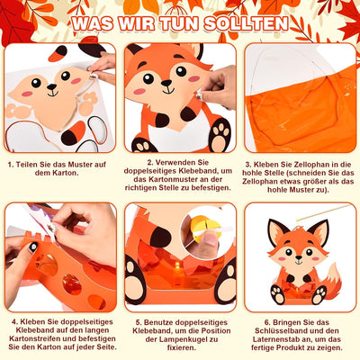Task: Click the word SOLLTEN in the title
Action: [246, 23]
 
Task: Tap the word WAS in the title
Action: [93, 23]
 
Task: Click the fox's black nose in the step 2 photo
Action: [166, 83]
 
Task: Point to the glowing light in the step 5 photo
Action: [177, 265]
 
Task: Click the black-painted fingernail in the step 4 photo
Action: [33, 247]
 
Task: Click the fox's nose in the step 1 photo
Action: [51, 87]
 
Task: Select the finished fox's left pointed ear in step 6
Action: [276, 232]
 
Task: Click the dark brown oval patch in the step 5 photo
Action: [160, 237]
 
